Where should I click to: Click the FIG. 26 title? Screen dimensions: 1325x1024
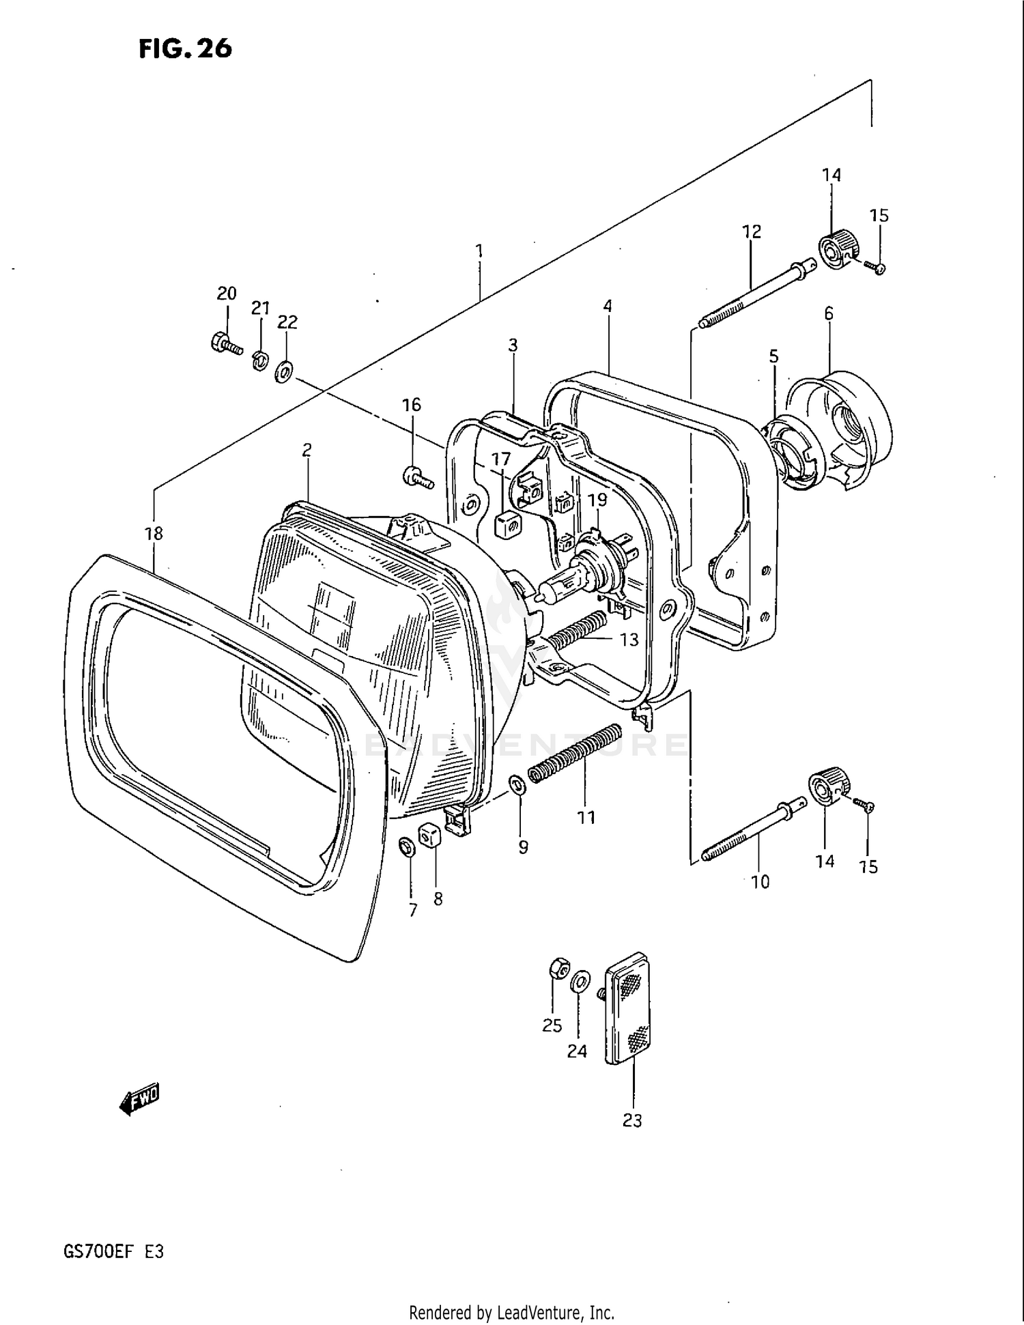coord(185,48)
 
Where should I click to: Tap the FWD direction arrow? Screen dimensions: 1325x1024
coord(139,1099)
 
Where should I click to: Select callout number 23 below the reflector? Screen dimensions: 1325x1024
coord(632,1120)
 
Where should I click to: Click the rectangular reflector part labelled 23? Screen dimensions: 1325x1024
coord(629,1009)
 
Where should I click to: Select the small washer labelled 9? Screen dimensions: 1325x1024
coord(517,785)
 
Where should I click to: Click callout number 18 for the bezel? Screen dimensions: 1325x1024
coord(154,533)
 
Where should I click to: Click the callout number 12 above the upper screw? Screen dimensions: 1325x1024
coord(751,232)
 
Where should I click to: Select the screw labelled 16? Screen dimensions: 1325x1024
coord(417,477)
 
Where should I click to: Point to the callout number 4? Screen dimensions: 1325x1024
coord(607,307)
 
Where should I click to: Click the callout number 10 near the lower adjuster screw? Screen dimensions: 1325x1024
coord(759,882)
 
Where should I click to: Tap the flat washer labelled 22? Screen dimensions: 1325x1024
coord(284,372)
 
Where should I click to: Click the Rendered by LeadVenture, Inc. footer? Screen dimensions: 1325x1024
coord(511,1312)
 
